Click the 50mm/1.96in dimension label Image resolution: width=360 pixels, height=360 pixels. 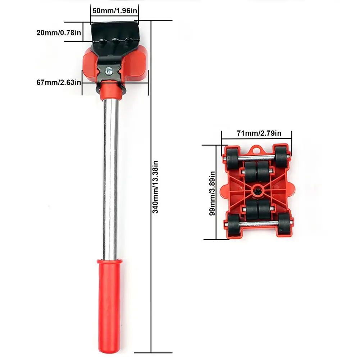click(x=114, y=10)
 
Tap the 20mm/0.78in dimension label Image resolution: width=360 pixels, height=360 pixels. click(x=59, y=33)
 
